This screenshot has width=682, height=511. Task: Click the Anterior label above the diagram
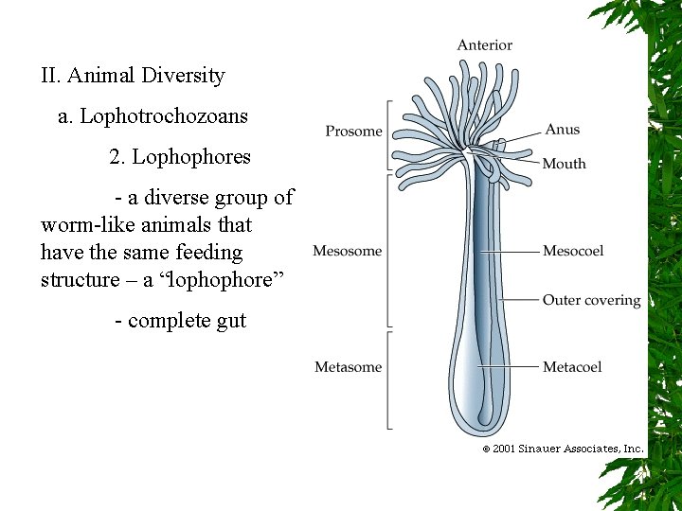tap(484, 45)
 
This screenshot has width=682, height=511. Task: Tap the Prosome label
tap(353, 132)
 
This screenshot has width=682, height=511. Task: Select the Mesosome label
tap(347, 251)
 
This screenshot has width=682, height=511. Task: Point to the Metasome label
tap(348, 367)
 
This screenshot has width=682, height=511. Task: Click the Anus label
tap(563, 130)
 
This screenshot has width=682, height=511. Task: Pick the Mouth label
tap(564, 164)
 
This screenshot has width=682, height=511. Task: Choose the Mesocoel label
tap(572, 251)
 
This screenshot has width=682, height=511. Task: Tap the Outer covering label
tap(591, 300)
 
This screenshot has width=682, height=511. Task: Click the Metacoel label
tap(572, 367)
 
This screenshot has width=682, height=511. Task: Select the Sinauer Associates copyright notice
tap(563, 449)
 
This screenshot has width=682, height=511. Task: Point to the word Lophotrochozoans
tap(163, 116)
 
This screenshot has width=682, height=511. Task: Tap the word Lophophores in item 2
tap(191, 157)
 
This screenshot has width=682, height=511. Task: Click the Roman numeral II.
tap(50, 75)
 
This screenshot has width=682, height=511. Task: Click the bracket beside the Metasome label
tap(388, 379)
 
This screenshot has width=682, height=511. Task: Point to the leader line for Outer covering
tap(519, 300)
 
